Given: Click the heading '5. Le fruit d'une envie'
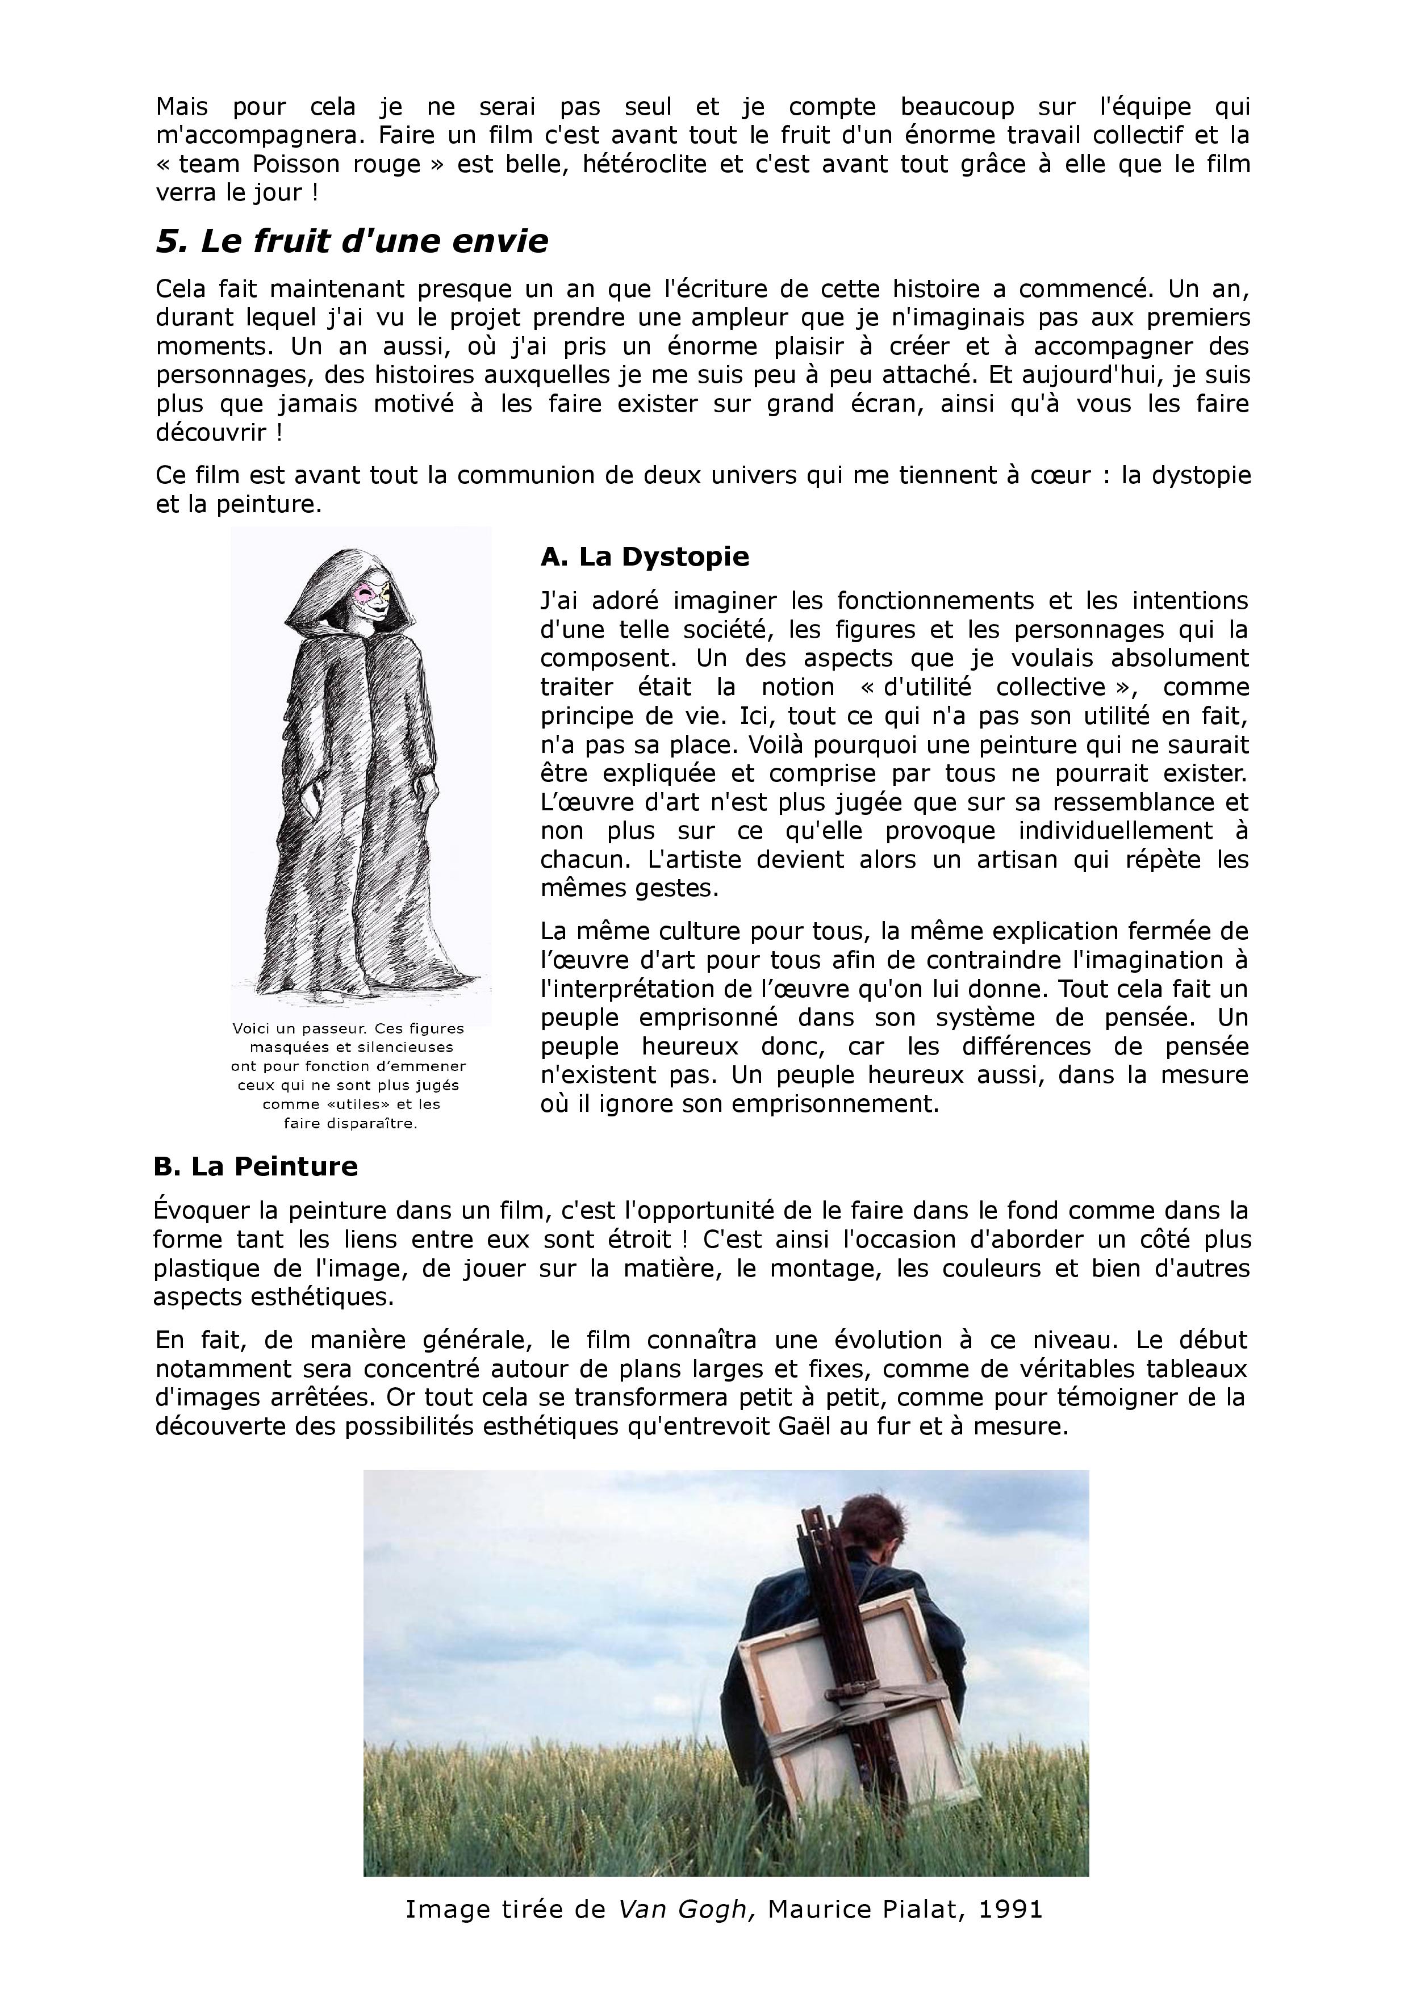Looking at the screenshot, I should coord(352,241).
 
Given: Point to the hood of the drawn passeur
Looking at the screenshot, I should coord(334,581).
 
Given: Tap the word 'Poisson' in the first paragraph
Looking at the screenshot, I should coord(298,164).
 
